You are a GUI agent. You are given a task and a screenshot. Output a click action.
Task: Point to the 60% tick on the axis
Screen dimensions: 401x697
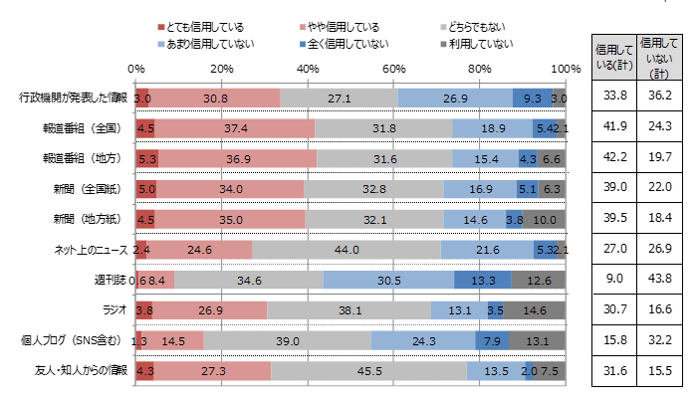(393, 68)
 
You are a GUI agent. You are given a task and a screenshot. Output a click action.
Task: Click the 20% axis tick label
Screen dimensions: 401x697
(221, 68)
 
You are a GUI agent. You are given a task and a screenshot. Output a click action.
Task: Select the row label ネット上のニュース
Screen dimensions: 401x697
(90, 250)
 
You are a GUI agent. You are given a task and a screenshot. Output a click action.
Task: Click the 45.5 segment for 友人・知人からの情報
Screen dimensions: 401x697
(368, 371)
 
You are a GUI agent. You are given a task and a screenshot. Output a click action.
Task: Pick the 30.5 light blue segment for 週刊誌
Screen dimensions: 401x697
(388, 281)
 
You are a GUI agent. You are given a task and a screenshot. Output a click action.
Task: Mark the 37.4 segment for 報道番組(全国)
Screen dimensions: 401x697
(235, 128)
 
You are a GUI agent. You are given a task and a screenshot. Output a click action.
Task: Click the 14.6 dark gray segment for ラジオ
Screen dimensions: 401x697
(535, 310)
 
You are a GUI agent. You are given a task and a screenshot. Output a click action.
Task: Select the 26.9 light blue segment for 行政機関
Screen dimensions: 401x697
(455, 98)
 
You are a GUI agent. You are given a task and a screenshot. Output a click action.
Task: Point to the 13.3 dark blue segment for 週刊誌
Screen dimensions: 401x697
(483, 281)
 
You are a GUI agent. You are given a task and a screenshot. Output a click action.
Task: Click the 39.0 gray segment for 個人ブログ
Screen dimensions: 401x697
(288, 340)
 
